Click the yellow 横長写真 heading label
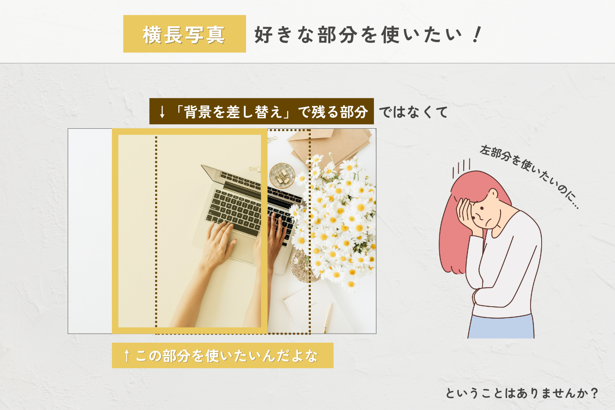(184, 34)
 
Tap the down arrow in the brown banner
(162, 112)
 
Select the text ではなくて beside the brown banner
(413, 112)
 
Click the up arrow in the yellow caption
(127, 355)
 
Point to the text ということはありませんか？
(522, 393)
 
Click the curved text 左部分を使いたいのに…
(530, 176)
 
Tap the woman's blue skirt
(501, 327)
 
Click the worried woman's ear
(493, 194)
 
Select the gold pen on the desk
(327, 318)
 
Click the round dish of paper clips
(282, 175)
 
